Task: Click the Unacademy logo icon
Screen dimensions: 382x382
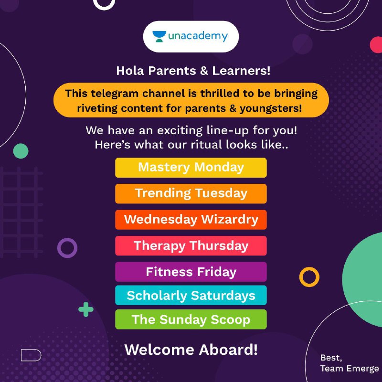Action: (159, 37)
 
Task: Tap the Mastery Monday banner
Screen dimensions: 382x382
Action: (191, 168)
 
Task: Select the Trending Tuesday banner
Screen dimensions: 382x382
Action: (191, 194)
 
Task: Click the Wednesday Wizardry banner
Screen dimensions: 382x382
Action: (191, 220)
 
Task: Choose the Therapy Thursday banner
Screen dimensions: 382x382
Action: (191, 246)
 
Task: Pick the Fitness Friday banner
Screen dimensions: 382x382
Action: (191, 272)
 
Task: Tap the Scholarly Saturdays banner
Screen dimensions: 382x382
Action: (191, 295)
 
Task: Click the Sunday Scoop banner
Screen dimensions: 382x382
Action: (191, 319)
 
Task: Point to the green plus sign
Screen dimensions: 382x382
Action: (86, 309)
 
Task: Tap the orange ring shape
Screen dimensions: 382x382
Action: (301, 277)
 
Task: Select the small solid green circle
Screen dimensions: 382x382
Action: (21, 151)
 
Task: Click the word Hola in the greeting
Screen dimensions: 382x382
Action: (130, 71)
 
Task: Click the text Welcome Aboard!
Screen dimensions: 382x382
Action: (191, 350)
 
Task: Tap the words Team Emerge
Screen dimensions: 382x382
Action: (350, 369)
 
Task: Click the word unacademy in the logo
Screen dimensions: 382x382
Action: (198, 36)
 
